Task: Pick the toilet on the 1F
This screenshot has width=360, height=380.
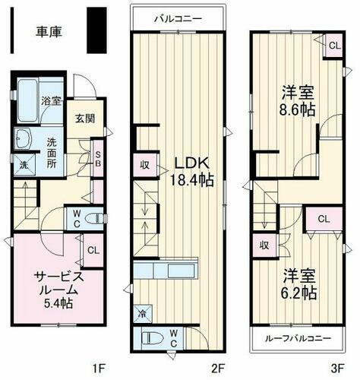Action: [93, 219]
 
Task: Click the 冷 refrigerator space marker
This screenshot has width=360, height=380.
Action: [143, 312]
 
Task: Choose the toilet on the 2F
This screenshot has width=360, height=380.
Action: [151, 337]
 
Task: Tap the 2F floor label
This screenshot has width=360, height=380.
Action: [219, 369]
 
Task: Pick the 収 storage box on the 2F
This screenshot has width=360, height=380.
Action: [144, 164]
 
